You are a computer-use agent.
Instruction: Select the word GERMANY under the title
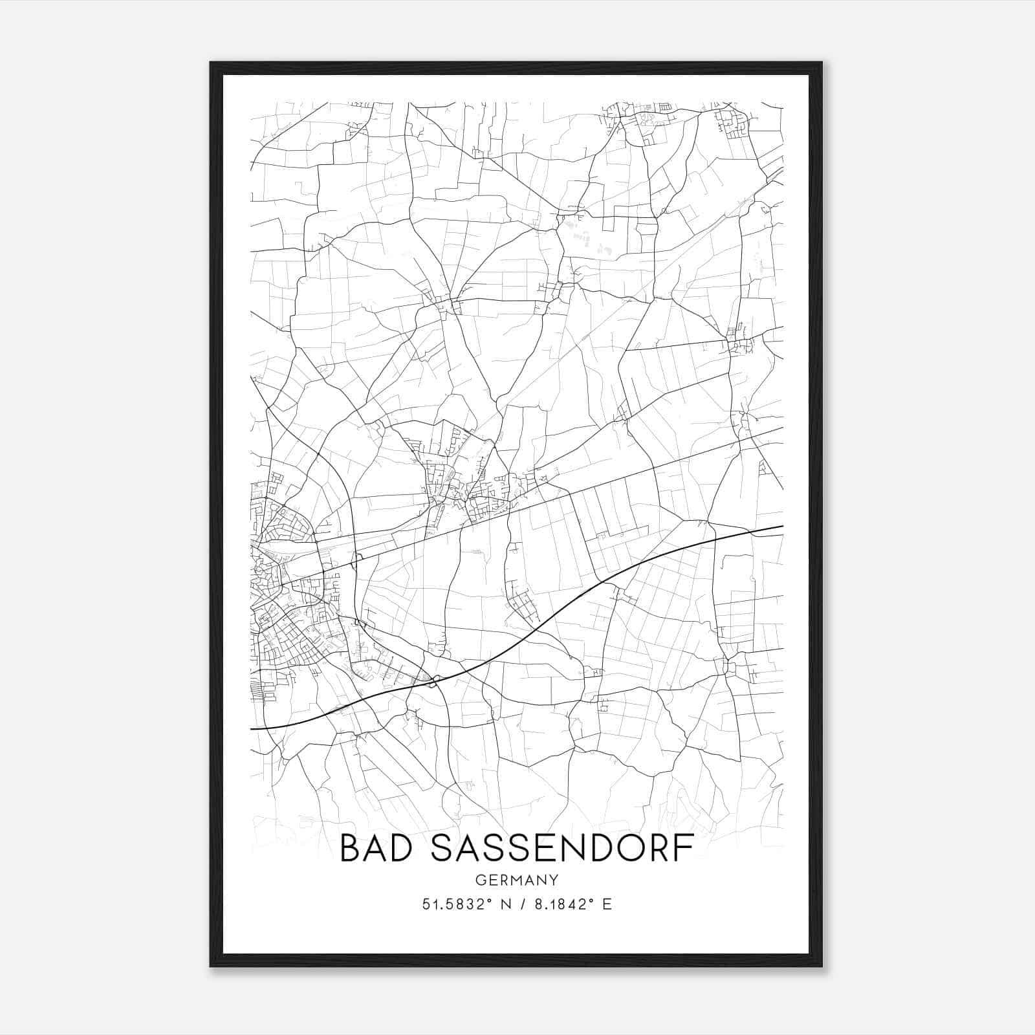pos(517,880)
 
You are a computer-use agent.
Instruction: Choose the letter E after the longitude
pos(607,904)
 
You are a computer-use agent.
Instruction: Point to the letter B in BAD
pos(351,848)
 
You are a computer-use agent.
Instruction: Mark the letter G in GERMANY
pos(480,880)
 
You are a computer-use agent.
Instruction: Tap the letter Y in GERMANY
pos(554,880)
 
